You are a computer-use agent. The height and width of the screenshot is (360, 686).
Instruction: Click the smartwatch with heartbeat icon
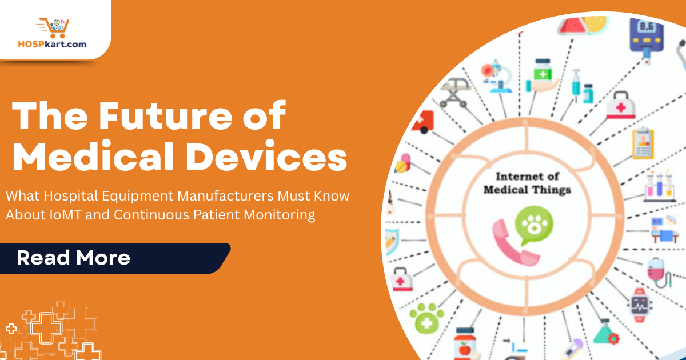pos(641,303)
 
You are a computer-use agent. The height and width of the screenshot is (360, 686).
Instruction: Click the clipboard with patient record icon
pos(643,142)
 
